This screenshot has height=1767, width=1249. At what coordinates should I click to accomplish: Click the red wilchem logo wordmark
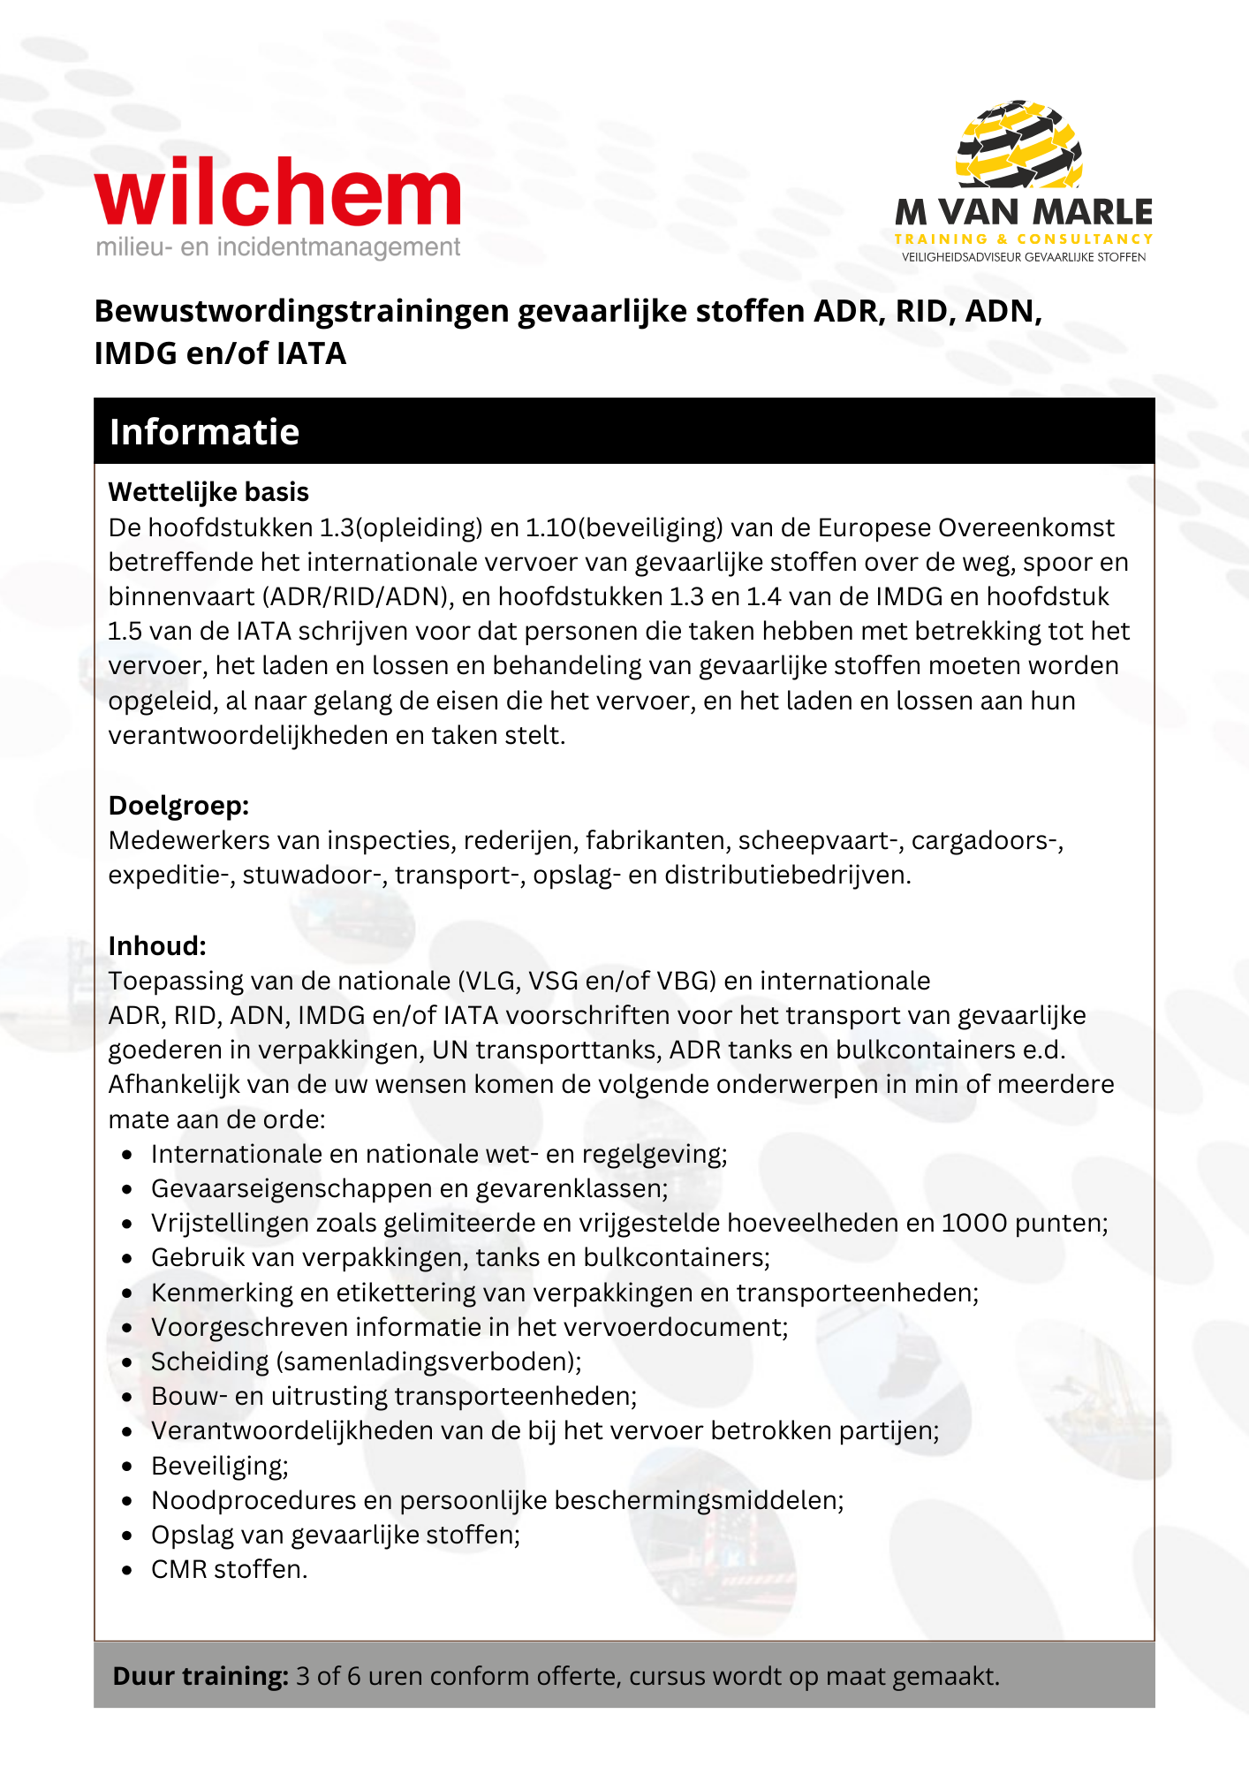277,193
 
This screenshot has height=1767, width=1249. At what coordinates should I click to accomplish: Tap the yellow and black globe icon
1019,145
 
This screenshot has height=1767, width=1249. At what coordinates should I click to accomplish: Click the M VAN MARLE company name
1024,213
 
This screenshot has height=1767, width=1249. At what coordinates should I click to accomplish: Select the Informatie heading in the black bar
204,432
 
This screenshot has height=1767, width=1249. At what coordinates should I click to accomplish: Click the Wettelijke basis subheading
208,492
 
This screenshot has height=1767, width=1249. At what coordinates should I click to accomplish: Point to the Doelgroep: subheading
178,806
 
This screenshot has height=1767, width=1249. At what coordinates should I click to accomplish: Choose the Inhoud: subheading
157,946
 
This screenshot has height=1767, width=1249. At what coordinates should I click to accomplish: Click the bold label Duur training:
201,1676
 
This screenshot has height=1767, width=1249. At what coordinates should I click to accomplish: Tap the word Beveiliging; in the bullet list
220,1466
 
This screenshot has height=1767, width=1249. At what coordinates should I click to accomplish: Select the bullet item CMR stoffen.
230,1569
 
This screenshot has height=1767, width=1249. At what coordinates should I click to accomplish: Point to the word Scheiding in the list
209,1361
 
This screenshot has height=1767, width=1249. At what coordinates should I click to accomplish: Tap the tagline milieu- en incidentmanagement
278,247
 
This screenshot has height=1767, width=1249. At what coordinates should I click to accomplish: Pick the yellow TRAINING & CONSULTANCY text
1024,239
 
